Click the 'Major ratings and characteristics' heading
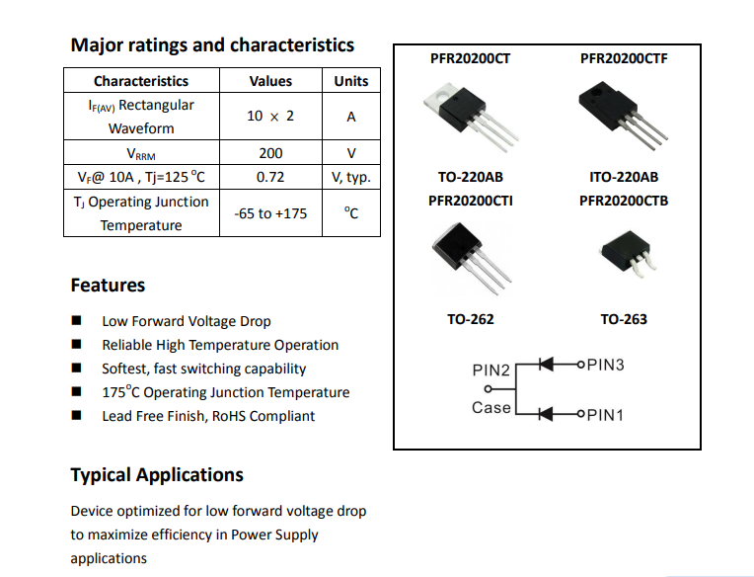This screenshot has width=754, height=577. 212,45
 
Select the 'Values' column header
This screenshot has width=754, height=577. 270,81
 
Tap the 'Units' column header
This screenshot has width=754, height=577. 351,81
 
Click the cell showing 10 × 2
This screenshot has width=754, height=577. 270,116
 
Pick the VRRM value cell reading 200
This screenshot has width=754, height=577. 270,153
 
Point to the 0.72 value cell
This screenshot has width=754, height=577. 270,177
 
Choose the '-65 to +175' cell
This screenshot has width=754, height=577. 270,213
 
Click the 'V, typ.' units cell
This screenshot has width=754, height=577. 351,178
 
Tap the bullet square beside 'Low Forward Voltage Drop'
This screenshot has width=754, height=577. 76,320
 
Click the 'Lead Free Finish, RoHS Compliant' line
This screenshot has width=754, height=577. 208,416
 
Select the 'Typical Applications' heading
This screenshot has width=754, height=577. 157,475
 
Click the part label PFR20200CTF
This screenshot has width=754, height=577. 624,58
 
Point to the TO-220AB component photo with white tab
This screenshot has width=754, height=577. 471,118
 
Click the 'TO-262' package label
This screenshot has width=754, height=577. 471,319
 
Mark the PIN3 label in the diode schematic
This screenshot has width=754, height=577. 605,365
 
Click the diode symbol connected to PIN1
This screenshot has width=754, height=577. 546,414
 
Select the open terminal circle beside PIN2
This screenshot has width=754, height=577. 488,389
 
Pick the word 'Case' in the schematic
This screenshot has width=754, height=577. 490,408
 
